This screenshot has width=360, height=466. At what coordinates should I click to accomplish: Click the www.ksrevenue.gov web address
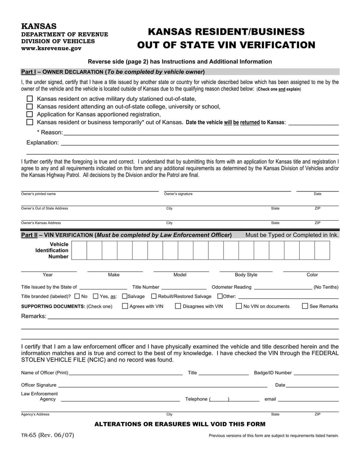point(52,48)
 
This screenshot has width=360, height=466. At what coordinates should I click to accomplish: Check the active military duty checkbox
point(30,99)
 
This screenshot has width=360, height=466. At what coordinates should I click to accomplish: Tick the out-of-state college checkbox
point(30,107)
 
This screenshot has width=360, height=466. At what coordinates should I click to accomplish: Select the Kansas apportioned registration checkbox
point(30,114)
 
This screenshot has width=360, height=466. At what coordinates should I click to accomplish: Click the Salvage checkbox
point(125,296)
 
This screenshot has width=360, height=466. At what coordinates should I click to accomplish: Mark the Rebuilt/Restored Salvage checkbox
point(154,296)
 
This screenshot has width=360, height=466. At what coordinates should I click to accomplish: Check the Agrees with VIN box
point(125,306)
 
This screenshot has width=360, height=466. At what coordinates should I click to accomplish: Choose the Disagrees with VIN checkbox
point(178,306)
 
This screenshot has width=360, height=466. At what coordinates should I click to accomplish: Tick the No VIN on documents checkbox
point(239,306)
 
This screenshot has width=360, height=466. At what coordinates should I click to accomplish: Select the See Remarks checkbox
point(305,306)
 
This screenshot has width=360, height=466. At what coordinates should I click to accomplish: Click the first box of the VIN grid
point(79,250)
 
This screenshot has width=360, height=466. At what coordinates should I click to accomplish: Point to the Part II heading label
point(126,235)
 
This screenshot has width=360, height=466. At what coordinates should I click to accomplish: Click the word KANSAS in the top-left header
point(39,27)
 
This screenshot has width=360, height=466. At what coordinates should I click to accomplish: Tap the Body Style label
point(246,275)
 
